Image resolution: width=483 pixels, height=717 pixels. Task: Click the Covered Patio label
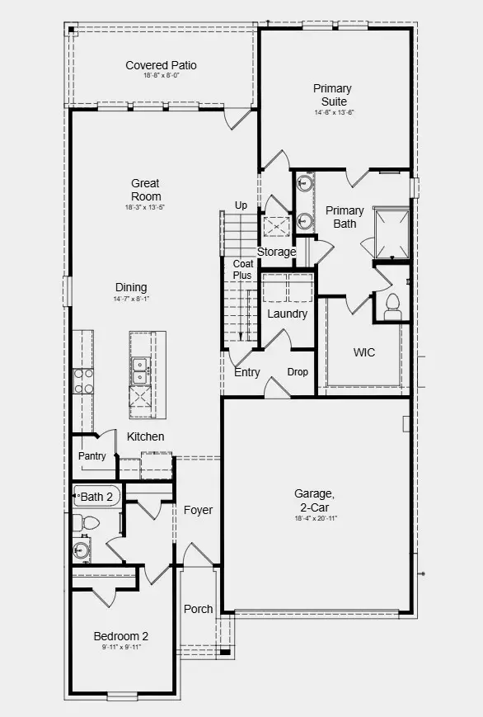click(x=161, y=65)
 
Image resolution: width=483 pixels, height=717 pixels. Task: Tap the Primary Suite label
click(x=332, y=95)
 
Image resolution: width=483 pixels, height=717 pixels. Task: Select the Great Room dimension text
click(x=145, y=207)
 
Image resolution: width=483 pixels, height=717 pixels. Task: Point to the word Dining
click(x=131, y=288)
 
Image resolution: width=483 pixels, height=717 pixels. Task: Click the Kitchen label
click(x=145, y=436)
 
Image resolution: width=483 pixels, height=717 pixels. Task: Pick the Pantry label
click(x=91, y=456)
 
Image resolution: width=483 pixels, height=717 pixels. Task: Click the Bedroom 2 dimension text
click(x=121, y=648)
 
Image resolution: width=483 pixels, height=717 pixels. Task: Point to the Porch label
click(x=198, y=609)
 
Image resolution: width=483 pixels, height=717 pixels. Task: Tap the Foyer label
click(x=198, y=510)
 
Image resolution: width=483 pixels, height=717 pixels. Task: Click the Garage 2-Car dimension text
click(x=316, y=518)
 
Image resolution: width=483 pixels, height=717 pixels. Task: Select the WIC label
click(x=364, y=352)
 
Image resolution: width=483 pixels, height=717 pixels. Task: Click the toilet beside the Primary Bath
click(x=392, y=304)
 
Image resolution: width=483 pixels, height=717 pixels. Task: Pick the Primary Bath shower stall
click(x=392, y=232)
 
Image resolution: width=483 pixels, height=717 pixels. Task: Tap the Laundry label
click(x=287, y=314)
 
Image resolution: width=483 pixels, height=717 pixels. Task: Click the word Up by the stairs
click(x=242, y=205)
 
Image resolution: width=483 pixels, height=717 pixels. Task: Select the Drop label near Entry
click(x=298, y=372)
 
